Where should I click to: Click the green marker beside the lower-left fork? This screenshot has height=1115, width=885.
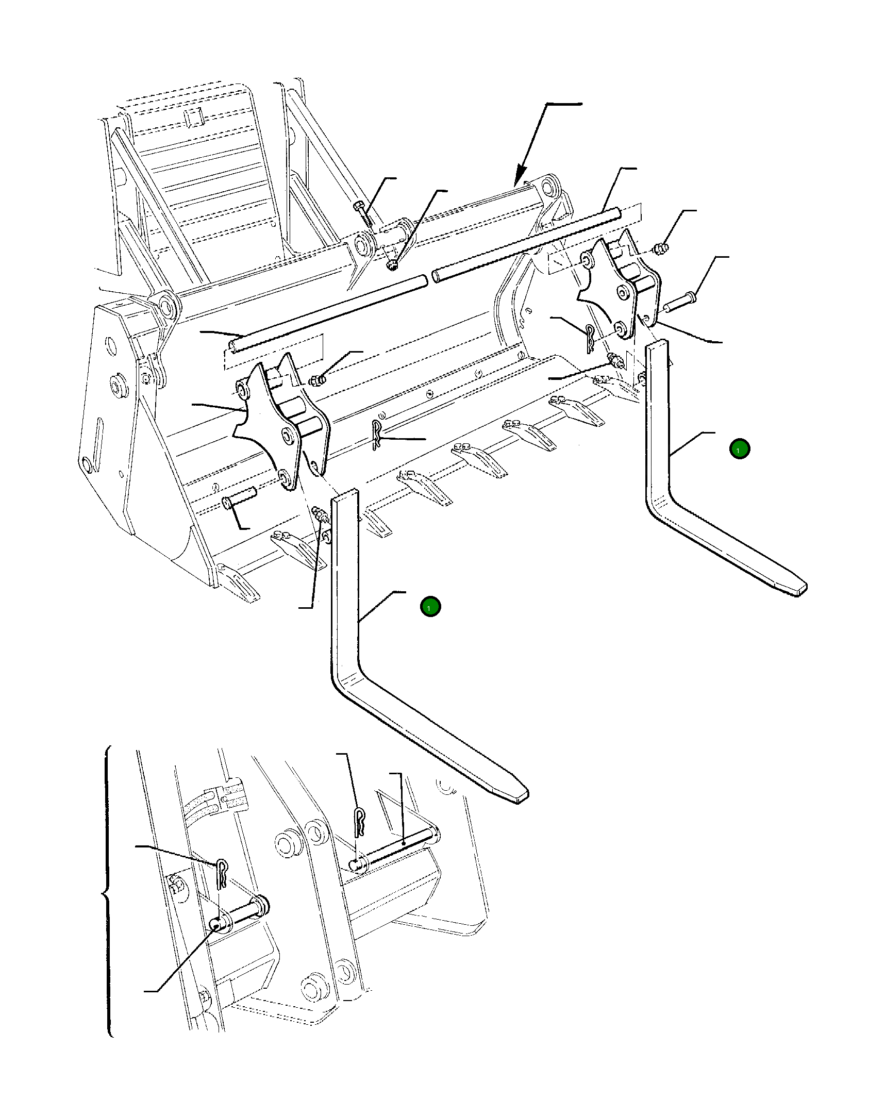(x=430, y=607)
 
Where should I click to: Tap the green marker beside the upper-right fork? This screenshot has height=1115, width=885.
(x=740, y=449)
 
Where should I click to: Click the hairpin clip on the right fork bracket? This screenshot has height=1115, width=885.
(x=591, y=339)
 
